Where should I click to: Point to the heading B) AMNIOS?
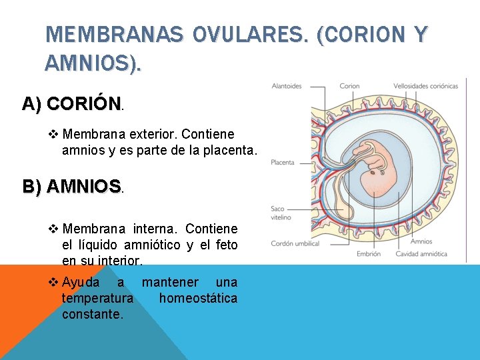point(73,186)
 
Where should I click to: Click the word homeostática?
point(198,298)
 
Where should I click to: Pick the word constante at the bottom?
point(92,313)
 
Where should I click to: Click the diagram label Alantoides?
point(287,86)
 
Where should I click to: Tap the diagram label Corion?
point(349,86)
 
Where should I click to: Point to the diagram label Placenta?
point(283,162)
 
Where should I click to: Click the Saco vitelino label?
point(279,213)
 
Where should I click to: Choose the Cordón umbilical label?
point(295,243)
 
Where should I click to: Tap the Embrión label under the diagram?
point(369,254)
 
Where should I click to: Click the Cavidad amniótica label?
point(421,254)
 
